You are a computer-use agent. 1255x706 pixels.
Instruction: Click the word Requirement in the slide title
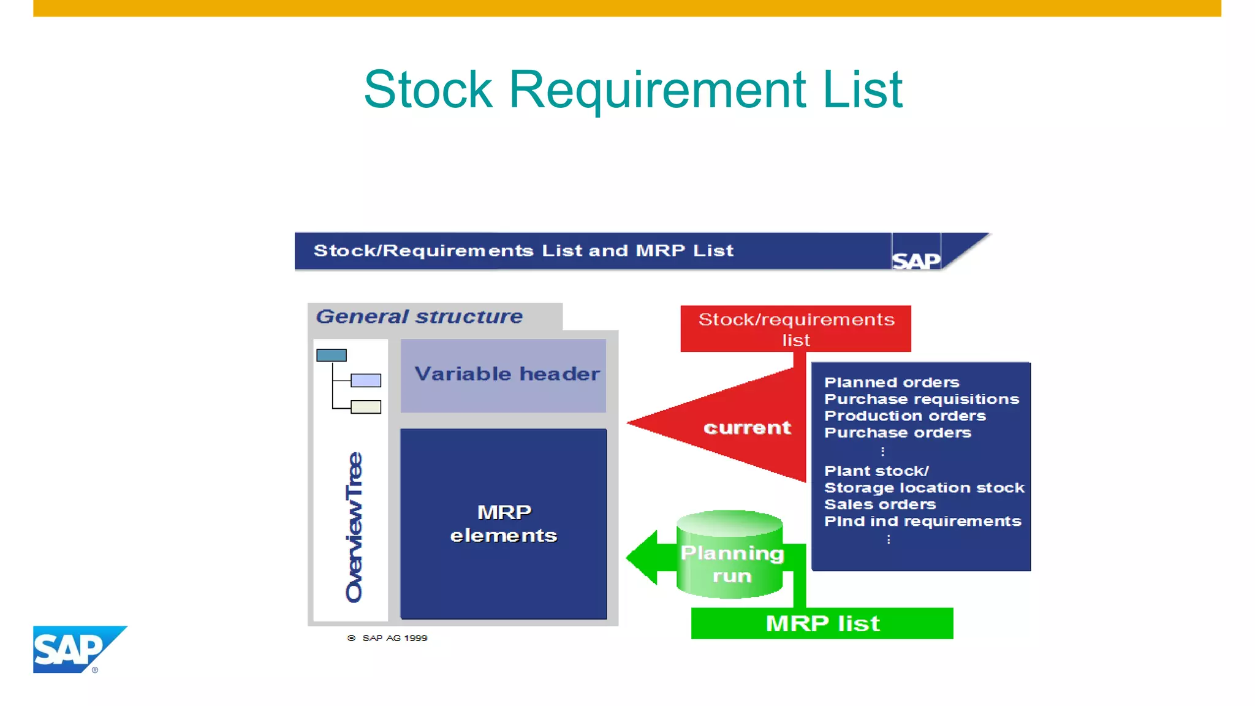point(657,90)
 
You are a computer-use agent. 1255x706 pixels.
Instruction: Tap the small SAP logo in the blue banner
point(916,260)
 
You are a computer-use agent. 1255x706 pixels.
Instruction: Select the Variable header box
point(504,375)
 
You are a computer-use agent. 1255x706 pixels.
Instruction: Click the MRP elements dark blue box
point(504,524)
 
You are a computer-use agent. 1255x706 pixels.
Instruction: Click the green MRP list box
point(822,623)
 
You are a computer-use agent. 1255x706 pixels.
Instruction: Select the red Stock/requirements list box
point(795,328)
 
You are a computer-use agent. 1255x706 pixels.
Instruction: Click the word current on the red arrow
point(747,427)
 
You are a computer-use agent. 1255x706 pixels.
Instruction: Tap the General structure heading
point(419,316)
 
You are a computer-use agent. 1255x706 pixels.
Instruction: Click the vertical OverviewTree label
point(354,527)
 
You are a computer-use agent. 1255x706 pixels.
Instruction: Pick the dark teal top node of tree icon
point(332,355)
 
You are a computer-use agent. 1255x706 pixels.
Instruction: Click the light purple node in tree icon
point(366,381)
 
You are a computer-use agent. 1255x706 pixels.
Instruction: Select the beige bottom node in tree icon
point(366,407)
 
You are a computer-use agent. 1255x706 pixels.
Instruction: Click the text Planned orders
point(892,382)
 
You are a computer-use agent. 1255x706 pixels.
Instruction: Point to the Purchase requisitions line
point(921,399)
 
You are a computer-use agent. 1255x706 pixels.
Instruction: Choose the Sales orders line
point(880,504)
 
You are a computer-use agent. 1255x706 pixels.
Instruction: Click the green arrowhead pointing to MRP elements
point(642,557)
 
